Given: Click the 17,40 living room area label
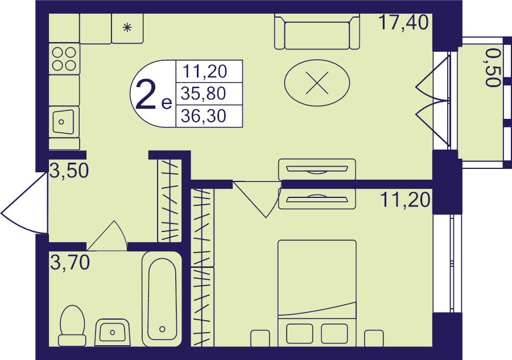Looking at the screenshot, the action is (x=403, y=23).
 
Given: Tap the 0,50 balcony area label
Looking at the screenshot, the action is (x=493, y=68).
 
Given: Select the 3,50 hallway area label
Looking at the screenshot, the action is (x=69, y=171).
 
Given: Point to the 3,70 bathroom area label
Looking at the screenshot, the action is (x=70, y=262).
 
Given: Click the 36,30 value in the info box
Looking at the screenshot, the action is (x=204, y=116).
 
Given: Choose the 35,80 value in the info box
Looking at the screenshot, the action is (x=204, y=94).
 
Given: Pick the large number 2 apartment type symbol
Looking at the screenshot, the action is (x=146, y=94).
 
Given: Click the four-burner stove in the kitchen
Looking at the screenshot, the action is (x=64, y=59).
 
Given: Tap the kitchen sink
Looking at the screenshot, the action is (x=64, y=121).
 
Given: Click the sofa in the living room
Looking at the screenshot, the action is (x=317, y=32).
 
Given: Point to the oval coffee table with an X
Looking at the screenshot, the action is (x=317, y=83).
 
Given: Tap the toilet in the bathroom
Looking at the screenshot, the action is (x=72, y=326).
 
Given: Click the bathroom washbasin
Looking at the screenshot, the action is (x=112, y=332).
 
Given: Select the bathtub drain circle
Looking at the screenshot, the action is (x=162, y=329).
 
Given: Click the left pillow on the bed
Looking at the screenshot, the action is (x=299, y=334).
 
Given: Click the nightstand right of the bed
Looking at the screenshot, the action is (x=374, y=338).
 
